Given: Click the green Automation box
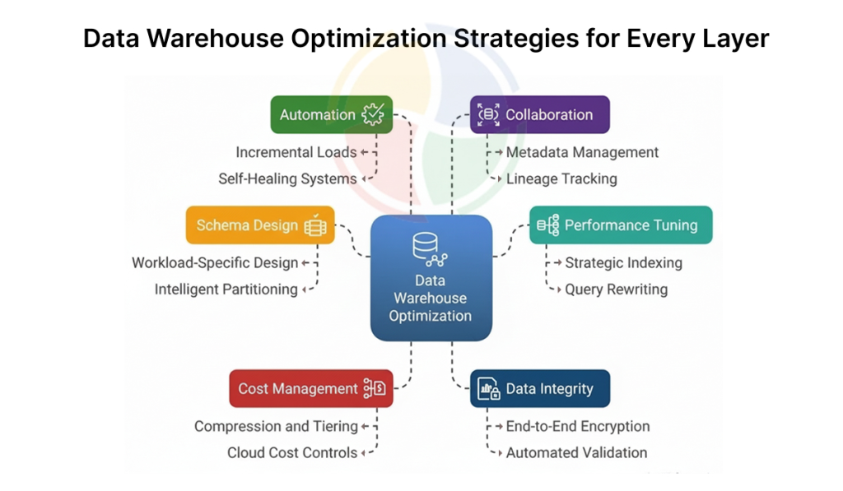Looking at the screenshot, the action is click(331, 114).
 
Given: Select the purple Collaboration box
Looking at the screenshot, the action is click(540, 114).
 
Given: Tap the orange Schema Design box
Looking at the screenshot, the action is click(260, 225).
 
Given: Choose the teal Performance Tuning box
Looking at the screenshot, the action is click(621, 225).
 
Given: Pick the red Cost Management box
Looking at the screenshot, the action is click(310, 388).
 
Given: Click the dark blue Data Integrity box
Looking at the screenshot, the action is click(540, 388).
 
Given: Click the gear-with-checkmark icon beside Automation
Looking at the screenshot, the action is click(373, 114).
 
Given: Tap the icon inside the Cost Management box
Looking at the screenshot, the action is click(375, 388).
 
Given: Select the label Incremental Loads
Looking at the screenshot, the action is click(296, 153).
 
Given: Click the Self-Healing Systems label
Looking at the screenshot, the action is click(287, 179).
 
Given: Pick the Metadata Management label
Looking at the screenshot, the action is click(582, 153).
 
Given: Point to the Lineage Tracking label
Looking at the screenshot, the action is click(561, 179).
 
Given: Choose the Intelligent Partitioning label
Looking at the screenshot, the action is click(226, 290).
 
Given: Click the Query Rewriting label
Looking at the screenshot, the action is click(616, 290).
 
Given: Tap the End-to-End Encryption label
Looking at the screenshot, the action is click(578, 427).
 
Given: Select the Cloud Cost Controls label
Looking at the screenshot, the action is click(292, 453).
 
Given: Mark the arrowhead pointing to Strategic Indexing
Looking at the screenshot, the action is click(558, 262).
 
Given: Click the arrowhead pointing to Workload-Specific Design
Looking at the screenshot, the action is click(305, 262).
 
